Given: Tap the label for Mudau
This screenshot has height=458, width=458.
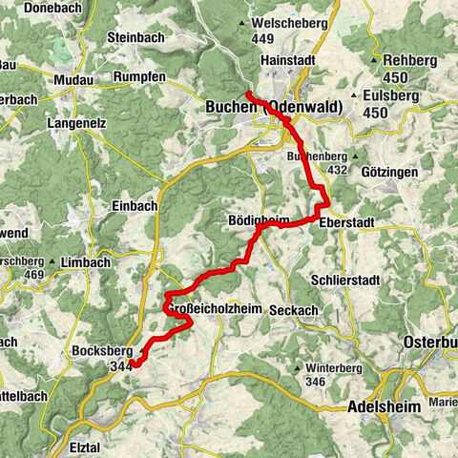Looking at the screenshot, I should pos(76,79).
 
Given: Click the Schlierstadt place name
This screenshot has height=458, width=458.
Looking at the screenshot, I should pos(345,281).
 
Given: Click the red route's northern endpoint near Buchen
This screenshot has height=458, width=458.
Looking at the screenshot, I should pos(247,93).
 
